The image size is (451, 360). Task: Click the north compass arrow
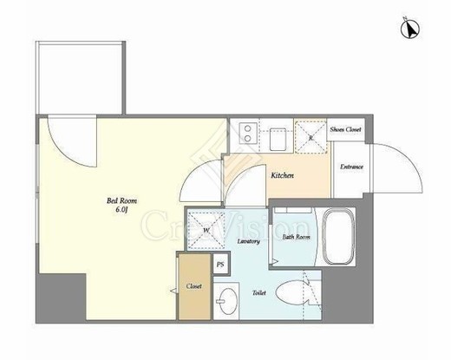coord(410,28)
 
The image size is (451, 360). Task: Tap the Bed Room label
coord(121,200)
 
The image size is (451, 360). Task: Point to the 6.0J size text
coord(121,210)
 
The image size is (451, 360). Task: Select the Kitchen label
coord(282,175)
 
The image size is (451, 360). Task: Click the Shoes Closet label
coord(345,129)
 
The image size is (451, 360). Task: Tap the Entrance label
coord(351,167)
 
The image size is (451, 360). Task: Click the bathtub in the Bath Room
coord(338,237)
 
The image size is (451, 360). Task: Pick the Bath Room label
coord(296,237)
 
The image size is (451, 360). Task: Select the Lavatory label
coord(248,241)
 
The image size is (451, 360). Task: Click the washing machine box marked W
coord(206,231)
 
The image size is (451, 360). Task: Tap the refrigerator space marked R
coord(310,137)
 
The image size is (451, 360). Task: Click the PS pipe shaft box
coord(220,264)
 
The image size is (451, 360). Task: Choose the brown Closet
coord(194,286)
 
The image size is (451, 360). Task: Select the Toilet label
coord(259,293)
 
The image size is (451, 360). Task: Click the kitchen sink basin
coord(278,139)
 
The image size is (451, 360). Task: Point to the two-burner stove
coord(248,133)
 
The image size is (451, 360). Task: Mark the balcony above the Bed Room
coord(81,78)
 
